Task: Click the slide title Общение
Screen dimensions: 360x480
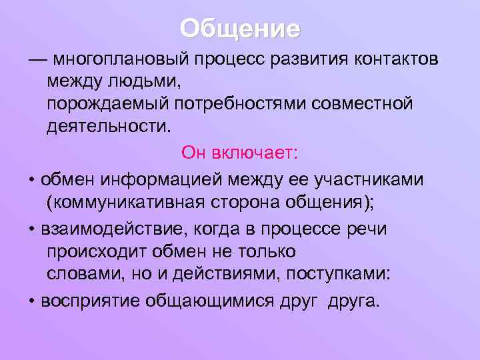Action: coord(240,29)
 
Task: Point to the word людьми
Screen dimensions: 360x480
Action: coord(145,82)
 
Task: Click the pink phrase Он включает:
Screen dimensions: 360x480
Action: coord(240,154)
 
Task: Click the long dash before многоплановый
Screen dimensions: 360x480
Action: coord(38,61)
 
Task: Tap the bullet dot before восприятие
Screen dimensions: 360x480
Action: coord(32,301)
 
